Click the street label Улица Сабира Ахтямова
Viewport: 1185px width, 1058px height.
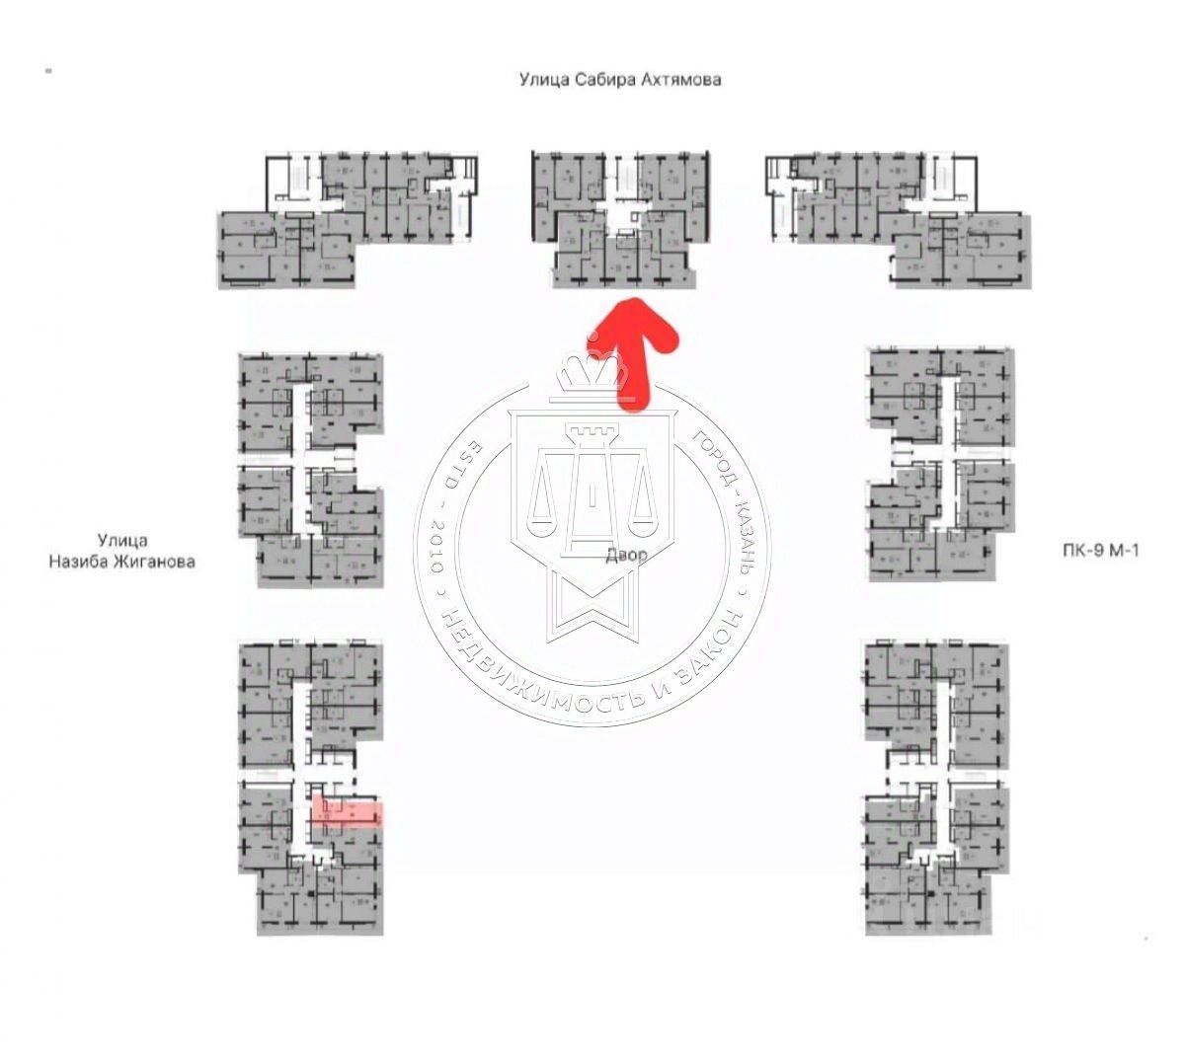pyautogui.click(x=620, y=80)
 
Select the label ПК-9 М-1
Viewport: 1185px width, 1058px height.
pyautogui.click(x=1094, y=551)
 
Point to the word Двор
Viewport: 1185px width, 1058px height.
pyautogui.click(x=627, y=555)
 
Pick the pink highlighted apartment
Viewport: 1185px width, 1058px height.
pyautogui.click(x=346, y=812)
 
